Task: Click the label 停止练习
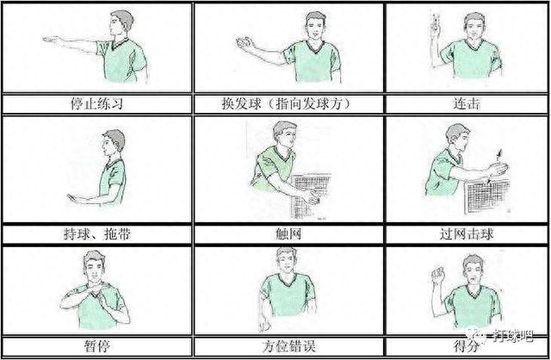(96, 104)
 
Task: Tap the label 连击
(467, 104)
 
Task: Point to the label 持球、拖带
(96, 233)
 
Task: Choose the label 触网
(288, 233)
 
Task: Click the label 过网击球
(467, 233)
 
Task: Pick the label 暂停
(97, 346)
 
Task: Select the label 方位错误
(288, 346)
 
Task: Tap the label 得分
(467, 346)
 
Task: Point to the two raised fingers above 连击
(435, 21)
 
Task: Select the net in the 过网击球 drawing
(486, 196)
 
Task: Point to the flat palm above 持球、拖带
(77, 198)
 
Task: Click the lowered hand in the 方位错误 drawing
(264, 326)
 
